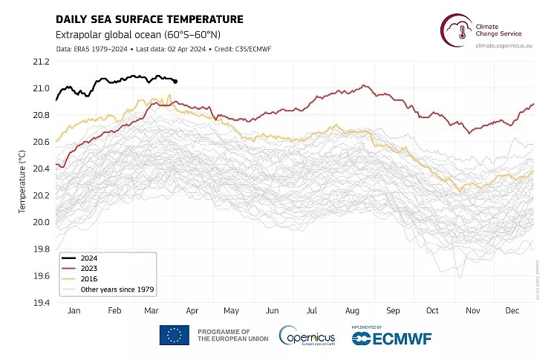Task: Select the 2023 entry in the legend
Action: click(x=88, y=269)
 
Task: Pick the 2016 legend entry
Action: click(x=88, y=278)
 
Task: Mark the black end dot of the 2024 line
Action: click(x=175, y=82)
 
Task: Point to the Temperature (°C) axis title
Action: click(x=22, y=181)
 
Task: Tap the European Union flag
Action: click(x=174, y=335)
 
